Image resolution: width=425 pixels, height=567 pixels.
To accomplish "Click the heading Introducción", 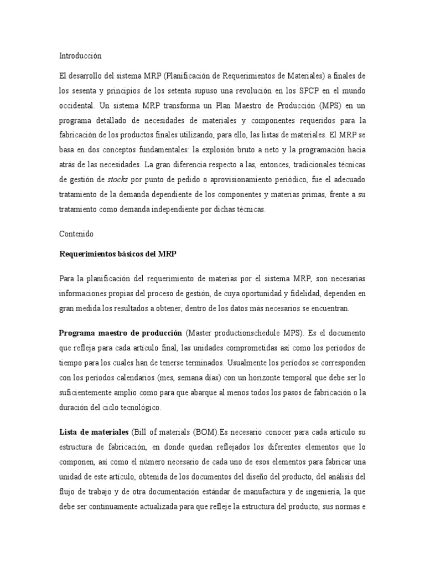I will [x=81, y=56].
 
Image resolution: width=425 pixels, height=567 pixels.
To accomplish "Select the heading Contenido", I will [x=77, y=234].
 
